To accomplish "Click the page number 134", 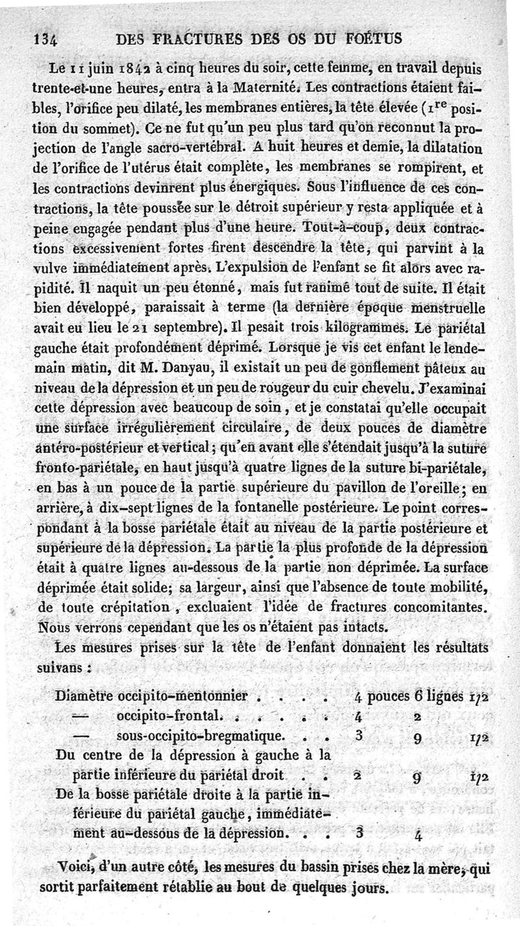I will coord(46,38).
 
